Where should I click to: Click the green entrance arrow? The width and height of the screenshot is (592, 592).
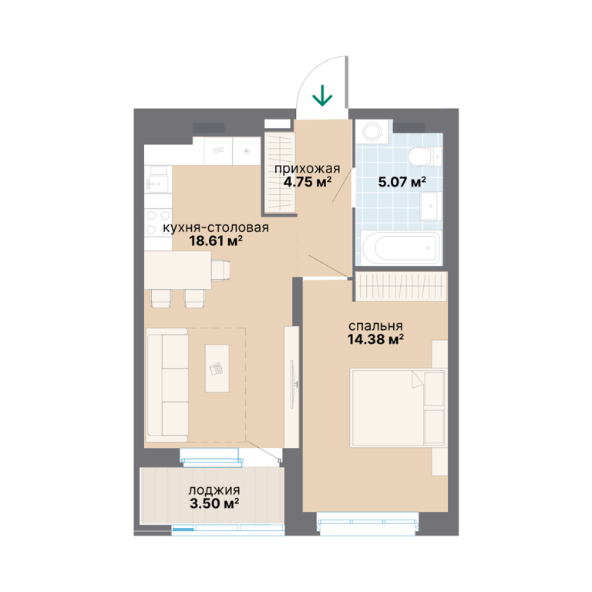(x=322, y=95)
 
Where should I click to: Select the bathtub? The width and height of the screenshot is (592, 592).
(x=401, y=248)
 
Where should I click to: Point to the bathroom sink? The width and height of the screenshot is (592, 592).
(x=431, y=206)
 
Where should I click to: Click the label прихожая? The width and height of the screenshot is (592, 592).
(x=307, y=169)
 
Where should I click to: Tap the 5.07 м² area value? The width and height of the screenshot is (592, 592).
(x=402, y=182)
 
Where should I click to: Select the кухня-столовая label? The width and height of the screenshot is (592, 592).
(x=216, y=227)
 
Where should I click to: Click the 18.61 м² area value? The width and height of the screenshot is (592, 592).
(x=216, y=240)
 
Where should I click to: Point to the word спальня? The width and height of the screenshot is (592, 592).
(x=375, y=326)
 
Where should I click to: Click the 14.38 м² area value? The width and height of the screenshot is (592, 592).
(x=375, y=339)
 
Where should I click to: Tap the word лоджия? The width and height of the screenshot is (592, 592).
(x=214, y=490)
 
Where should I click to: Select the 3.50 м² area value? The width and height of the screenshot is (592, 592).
(x=214, y=503)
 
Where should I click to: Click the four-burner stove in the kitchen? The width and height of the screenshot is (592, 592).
(x=158, y=222)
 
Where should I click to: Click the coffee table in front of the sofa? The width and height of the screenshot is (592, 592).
(x=217, y=368)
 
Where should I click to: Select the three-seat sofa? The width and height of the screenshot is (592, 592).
(x=167, y=385)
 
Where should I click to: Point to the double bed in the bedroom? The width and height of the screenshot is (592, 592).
(x=398, y=408)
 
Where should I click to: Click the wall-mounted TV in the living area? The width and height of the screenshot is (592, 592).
(x=294, y=384)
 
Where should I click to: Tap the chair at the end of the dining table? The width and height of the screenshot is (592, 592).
(x=220, y=270)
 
